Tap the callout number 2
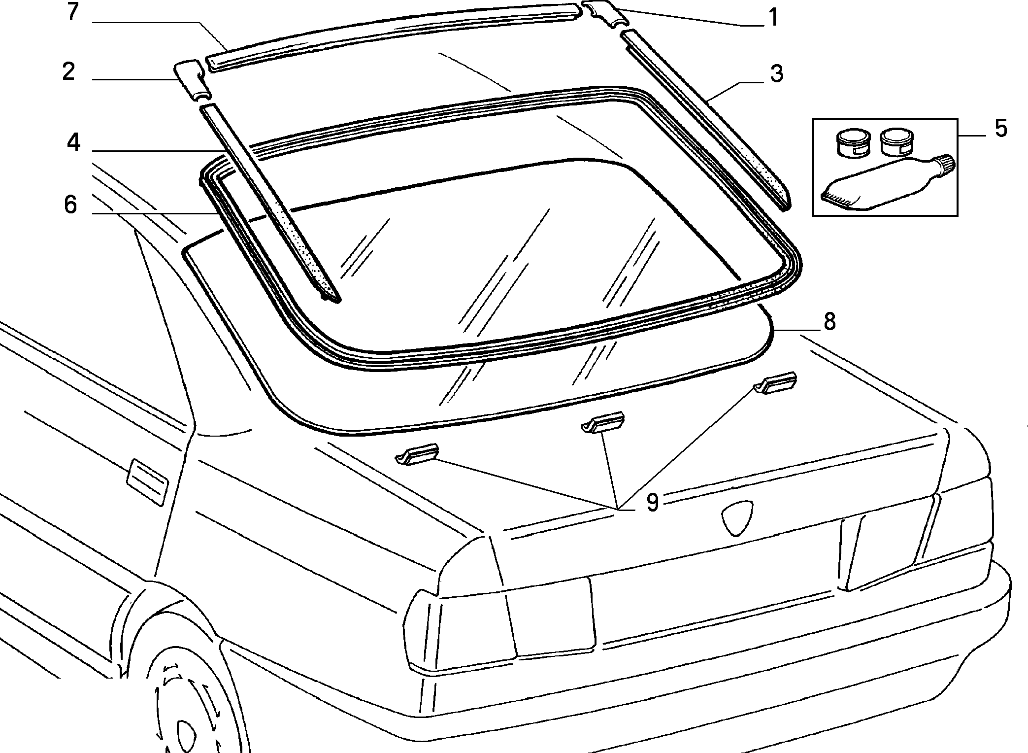(68, 71)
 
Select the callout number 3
(776, 74)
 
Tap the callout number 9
(652, 503)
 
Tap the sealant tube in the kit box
(887, 182)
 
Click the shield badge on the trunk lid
(737, 518)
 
